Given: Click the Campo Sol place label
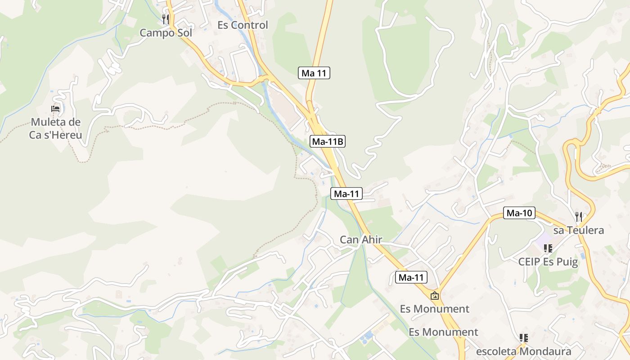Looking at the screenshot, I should (166, 33).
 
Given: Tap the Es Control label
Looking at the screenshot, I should (243, 25).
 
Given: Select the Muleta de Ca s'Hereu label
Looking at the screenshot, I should (56, 128).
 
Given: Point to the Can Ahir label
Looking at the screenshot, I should (361, 240).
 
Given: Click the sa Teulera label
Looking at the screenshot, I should (578, 230).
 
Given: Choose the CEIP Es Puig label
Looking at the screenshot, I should (548, 262).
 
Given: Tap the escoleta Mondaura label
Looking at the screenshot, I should (524, 351).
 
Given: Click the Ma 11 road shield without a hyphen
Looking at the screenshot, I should (314, 73).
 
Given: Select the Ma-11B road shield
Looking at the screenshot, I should (328, 142).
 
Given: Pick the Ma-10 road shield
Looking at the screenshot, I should (519, 213).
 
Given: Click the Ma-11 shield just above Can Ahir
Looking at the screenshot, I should (346, 194).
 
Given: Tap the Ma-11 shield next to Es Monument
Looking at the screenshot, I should (411, 278).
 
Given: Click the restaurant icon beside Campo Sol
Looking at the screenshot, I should (166, 19).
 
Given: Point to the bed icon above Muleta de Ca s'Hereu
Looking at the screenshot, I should (55, 109).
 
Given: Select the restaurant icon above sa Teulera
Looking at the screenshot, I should (579, 216).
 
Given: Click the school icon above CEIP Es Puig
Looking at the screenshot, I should (548, 248).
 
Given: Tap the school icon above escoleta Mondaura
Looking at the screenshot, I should (523, 337).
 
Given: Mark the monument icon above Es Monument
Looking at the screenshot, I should (435, 296).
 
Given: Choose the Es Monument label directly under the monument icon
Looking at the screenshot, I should (435, 309).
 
